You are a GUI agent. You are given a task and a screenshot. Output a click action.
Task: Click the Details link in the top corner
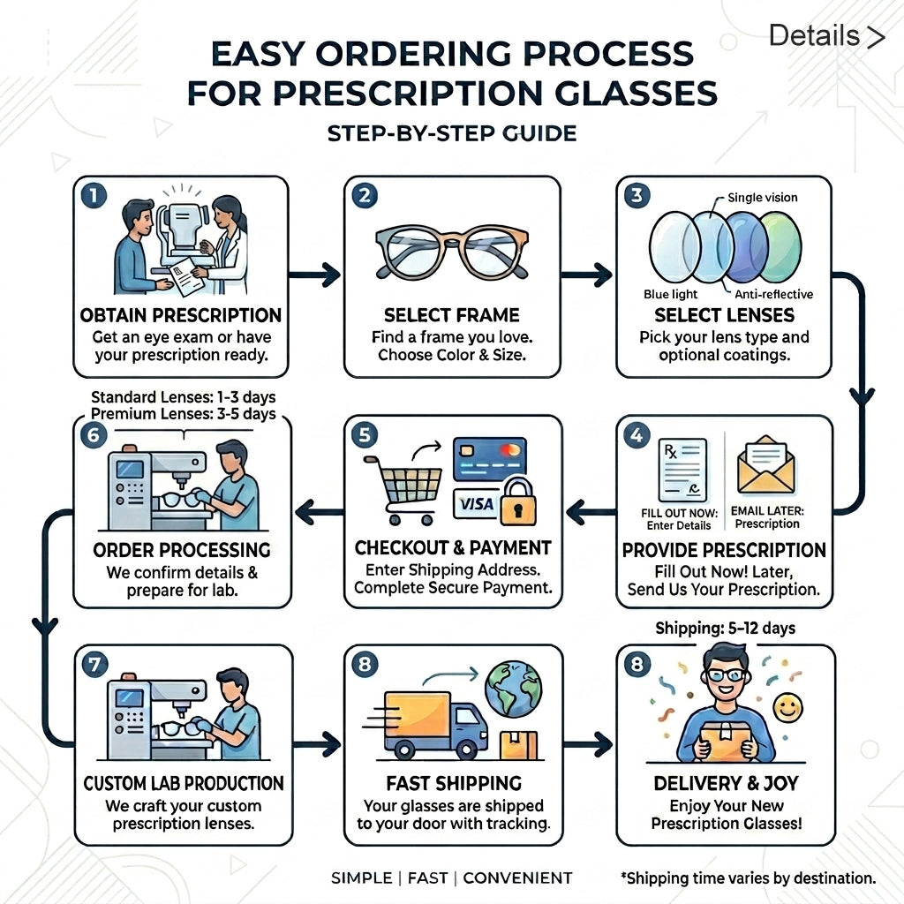[826, 35]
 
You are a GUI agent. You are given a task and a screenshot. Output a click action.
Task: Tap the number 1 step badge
[94, 195]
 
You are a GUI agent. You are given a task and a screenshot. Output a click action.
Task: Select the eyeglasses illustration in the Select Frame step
[452, 252]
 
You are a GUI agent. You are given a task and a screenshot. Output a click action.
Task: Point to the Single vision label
[762, 198]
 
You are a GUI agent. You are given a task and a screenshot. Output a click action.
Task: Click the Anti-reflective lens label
[773, 295]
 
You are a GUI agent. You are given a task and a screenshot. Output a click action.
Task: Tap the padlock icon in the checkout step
[517, 501]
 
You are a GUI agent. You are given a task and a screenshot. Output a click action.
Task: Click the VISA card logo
[476, 504]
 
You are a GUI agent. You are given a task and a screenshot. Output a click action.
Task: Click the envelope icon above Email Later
[766, 465]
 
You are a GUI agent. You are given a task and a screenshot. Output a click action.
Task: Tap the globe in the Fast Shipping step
[513, 689]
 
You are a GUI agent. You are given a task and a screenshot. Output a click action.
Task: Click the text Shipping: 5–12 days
[726, 628]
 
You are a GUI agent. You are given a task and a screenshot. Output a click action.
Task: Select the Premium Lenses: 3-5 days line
[184, 414]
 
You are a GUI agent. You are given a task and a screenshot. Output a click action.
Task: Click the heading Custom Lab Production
[184, 783]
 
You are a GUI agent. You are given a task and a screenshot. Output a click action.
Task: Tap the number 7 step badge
[94, 665]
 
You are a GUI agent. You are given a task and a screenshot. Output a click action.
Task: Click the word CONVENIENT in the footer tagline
[517, 878]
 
